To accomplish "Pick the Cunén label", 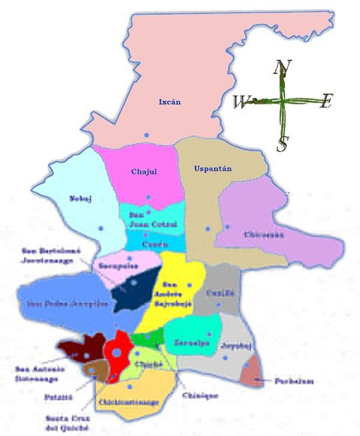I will pyautogui.click(x=153, y=244).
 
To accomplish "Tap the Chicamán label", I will pyautogui.click(x=264, y=235).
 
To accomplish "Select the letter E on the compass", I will pyautogui.click(x=325, y=102).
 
